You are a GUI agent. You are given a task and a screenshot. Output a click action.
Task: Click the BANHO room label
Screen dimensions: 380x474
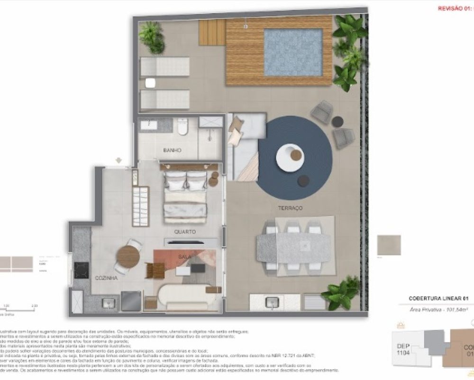click(x=173, y=151)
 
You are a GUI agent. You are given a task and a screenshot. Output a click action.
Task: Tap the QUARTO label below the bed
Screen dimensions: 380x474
click(x=185, y=232)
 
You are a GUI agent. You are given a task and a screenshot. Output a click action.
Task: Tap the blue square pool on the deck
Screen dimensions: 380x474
click(x=293, y=52)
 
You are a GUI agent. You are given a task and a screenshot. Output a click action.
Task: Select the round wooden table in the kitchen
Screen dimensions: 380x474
click(x=128, y=257)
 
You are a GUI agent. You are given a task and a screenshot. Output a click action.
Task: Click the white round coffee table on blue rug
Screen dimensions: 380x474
click(x=290, y=156)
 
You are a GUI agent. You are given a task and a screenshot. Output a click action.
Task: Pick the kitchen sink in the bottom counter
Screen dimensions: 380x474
click(x=109, y=303)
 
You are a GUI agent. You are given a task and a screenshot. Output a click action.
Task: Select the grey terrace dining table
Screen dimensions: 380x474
click(x=293, y=247)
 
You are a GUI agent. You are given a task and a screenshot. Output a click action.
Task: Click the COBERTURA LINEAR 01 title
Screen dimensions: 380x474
click(x=438, y=298)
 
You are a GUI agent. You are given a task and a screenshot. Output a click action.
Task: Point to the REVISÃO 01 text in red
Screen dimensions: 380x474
click(x=455, y=9)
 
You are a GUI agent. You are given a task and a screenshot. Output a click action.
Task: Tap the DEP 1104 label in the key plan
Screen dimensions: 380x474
click(x=404, y=350)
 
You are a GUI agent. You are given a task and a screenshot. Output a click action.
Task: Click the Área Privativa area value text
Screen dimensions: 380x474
click(x=438, y=309)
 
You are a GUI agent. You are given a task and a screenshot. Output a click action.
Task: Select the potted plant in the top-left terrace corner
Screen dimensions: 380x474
click(x=152, y=37)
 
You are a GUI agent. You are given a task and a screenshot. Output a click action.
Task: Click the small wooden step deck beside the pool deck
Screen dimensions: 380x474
click(x=211, y=32)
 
